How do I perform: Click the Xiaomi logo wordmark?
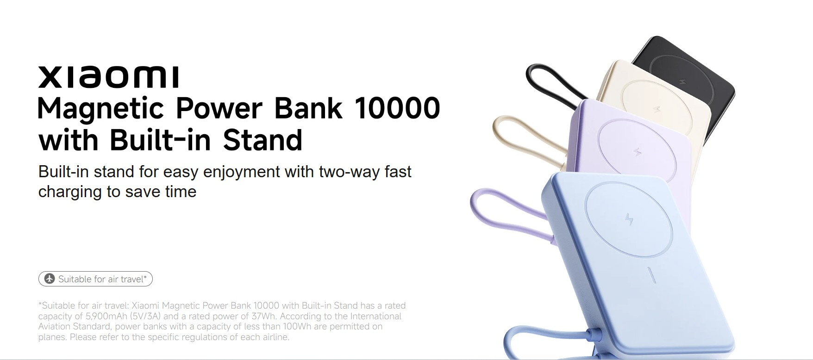108,77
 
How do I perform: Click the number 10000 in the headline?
397,108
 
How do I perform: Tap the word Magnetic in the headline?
101,109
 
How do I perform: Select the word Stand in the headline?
263,140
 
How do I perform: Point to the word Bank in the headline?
308,108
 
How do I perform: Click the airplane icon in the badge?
50,279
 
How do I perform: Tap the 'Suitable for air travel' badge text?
102,279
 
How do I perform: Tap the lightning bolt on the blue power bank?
629,219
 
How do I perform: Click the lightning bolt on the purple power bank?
638,152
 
